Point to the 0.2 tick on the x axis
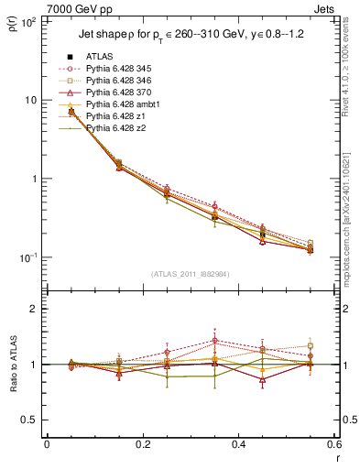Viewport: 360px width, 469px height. (142, 444)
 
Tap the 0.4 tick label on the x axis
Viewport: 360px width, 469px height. (238, 444)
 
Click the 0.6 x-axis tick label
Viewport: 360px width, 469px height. (333, 444)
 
